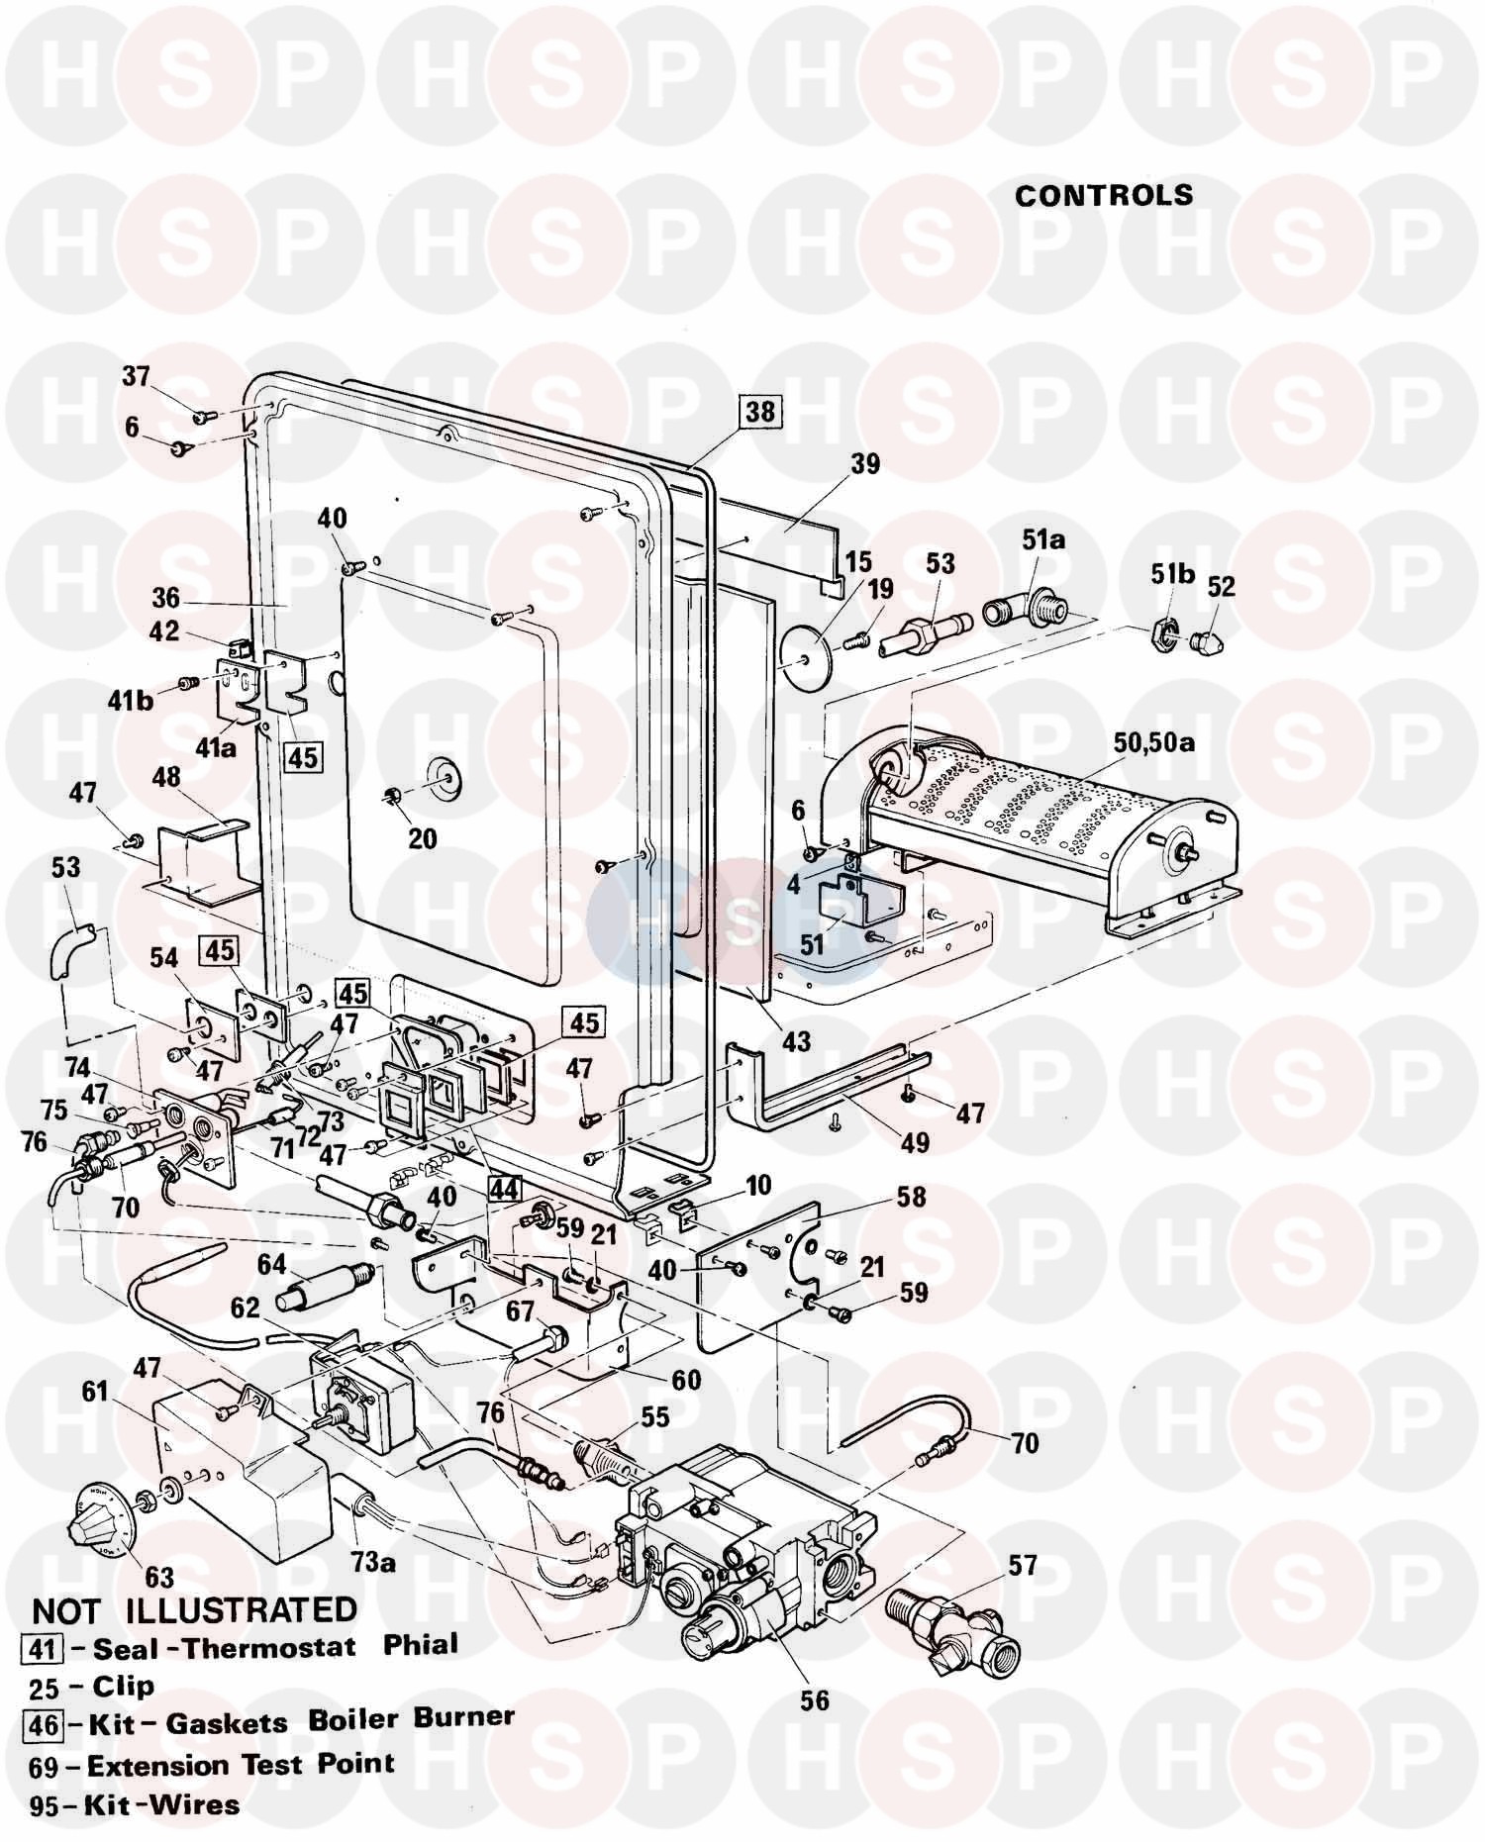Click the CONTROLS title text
click(x=1104, y=195)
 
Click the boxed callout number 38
click(x=760, y=410)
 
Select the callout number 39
click(x=865, y=464)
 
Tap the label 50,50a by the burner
click(x=1153, y=741)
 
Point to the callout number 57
click(x=1022, y=1565)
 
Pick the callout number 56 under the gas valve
click(x=815, y=1700)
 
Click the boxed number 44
click(x=504, y=1188)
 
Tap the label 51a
click(x=1043, y=539)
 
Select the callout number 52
click(x=1222, y=587)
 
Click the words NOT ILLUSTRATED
click(x=194, y=1610)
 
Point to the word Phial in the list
click(x=421, y=1645)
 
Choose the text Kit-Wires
click(x=161, y=1804)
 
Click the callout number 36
click(x=165, y=598)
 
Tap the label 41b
click(x=131, y=701)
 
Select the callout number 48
click(x=166, y=777)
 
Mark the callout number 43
click(x=796, y=1040)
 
